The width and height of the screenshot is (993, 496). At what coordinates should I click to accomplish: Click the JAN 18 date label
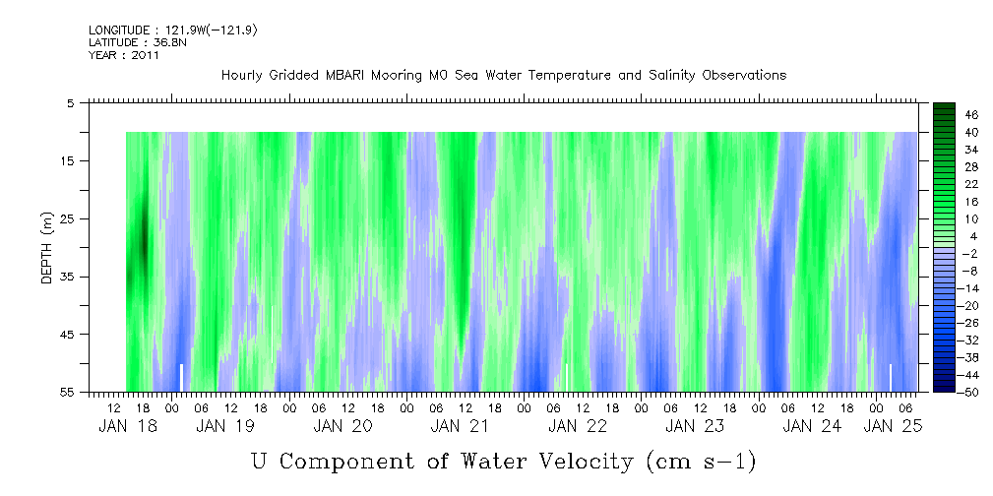coord(128,426)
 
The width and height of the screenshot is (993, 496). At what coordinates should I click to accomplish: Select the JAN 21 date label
coord(460,426)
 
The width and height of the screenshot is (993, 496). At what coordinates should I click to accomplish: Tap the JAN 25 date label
coord(893,426)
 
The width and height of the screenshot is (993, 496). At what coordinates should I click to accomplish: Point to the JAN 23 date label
coord(695,426)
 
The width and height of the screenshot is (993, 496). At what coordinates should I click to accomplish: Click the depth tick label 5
coord(71,102)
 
